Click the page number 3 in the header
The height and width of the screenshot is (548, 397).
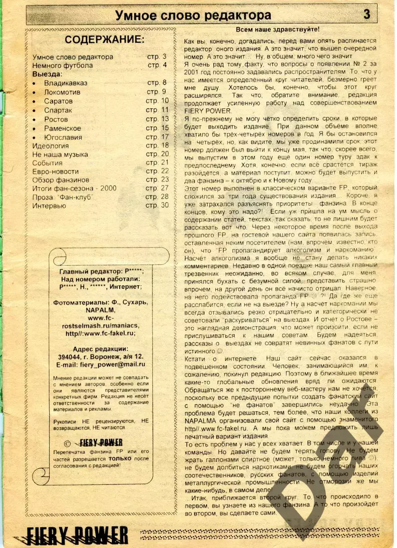[367, 14]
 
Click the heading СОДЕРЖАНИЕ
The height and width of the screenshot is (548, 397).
[104, 39]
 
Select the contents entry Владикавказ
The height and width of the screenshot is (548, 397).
[65, 83]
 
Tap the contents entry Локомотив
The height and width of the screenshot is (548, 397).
[62, 92]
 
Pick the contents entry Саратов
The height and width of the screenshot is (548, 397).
[58, 101]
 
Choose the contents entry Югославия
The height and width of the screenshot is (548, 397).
[63, 137]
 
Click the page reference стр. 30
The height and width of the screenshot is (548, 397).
[157, 205]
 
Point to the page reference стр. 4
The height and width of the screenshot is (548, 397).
[157, 65]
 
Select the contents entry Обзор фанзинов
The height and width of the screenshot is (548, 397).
[61, 180]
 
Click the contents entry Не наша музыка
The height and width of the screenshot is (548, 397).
[60, 154]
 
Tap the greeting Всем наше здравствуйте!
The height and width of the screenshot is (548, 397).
[277, 29]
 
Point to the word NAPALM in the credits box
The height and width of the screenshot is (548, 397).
[100, 310]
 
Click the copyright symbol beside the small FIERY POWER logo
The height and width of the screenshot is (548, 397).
[67, 443]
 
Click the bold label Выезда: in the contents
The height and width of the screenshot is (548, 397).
[47, 74]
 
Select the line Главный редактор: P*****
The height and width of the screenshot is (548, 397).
[101, 271]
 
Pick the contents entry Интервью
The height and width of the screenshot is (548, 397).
[49, 206]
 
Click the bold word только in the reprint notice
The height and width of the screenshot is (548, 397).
[120, 458]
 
